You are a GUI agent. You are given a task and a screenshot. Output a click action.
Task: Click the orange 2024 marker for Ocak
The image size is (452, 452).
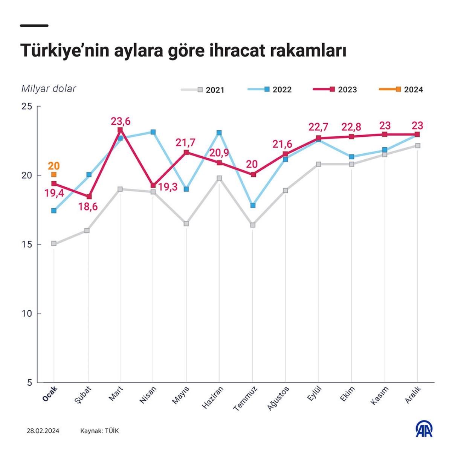pyautogui.click(x=54, y=174)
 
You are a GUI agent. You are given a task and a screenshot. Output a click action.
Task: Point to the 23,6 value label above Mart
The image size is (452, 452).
pyautogui.click(x=120, y=121)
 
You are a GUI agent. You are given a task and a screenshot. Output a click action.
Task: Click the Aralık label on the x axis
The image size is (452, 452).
pyautogui.click(x=413, y=394)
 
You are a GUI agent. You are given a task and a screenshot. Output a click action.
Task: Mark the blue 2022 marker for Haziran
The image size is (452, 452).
pyautogui.click(x=219, y=133)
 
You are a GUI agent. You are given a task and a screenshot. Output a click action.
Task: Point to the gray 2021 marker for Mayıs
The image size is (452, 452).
pyautogui.click(x=186, y=224)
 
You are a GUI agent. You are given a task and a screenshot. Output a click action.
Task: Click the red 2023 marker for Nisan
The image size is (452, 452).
pyautogui.click(x=153, y=185)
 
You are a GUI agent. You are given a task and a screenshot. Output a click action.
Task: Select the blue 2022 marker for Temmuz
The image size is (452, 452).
pyautogui.click(x=253, y=205)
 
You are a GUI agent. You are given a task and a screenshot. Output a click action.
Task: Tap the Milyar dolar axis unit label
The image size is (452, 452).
pyautogui.click(x=49, y=89)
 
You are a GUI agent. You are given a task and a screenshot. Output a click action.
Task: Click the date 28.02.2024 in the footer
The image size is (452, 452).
pyautogui.click(x=43, y=431)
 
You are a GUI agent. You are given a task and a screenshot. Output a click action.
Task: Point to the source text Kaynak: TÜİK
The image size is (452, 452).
pyautogui.click(x=99, y=431)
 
